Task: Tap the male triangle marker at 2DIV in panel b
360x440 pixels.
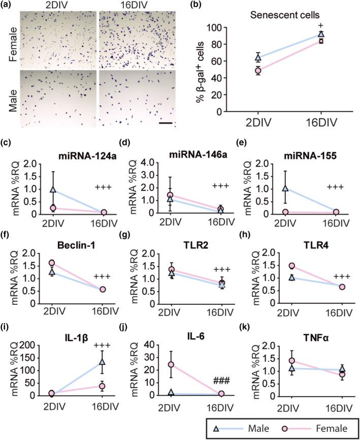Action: (258, 57)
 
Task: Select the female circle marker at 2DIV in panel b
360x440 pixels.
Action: (258, 71)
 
